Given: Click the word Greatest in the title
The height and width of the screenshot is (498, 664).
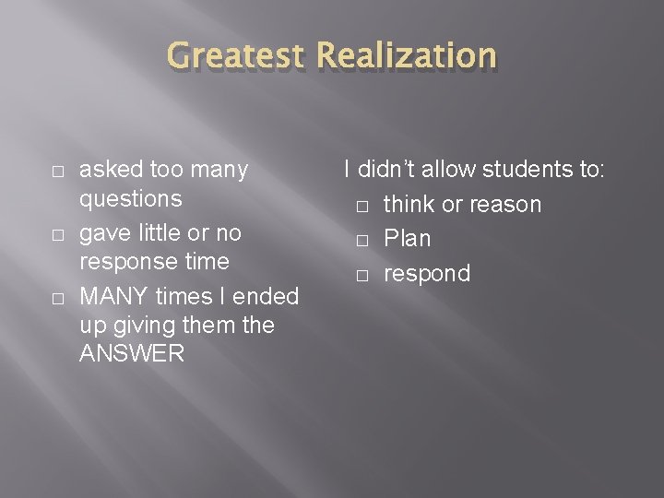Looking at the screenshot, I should point(236,56).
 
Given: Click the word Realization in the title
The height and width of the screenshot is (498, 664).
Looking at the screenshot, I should point(407,56).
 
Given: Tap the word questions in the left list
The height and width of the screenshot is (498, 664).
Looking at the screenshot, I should point(130,199).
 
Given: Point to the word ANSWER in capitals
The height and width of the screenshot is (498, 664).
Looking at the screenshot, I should point(132,353).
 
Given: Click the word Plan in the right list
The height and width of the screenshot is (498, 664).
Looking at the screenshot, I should point(407,239).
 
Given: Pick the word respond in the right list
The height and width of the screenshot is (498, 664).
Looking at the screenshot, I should point(426,274).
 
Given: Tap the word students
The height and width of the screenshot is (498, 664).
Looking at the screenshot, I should point(530,170).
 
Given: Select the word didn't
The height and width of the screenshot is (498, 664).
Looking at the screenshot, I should point(387,170).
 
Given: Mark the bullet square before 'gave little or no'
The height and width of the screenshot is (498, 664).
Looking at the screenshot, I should point(57,234).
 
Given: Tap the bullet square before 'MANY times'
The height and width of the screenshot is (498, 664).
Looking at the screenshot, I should point(57,298).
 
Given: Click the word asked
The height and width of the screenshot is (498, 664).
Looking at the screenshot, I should point(112,170).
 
